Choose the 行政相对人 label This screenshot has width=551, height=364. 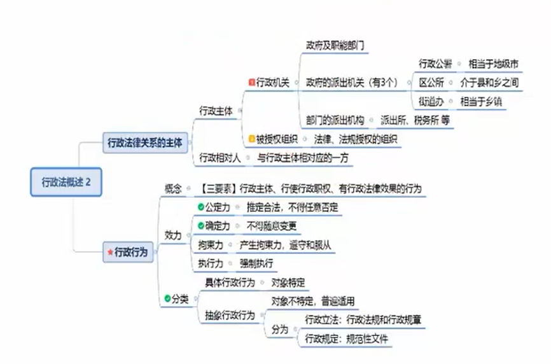[x=220, y=157]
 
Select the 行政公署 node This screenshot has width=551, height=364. [x=435, y=64]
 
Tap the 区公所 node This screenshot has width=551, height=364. [x=431, y=83]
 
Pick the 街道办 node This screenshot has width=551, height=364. [x=431, y=101]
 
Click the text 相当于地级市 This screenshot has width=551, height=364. [x=493, y=64]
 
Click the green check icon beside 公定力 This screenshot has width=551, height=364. [x=200, y=207]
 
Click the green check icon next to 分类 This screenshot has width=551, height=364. [x=167, y=298]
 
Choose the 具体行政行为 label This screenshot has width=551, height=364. [x=230, y=282]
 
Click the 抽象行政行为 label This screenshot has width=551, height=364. [x=230, y=316]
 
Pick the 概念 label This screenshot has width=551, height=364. [x=173, y=188]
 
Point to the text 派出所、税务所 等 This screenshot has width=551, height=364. [x=415, y=120]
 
